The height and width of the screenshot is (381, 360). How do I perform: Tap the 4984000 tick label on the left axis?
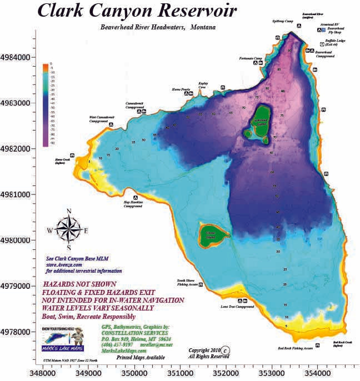point(17,57)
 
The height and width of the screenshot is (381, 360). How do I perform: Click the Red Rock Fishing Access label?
point(295,348)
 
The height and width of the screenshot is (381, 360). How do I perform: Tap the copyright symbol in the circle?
point(226,350)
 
